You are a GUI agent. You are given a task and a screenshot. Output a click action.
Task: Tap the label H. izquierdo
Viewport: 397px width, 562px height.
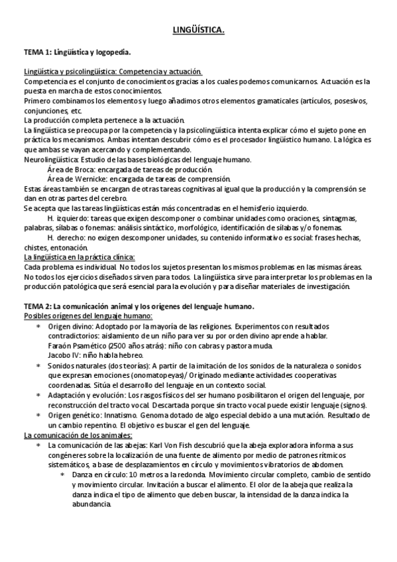click(x=70, y=218)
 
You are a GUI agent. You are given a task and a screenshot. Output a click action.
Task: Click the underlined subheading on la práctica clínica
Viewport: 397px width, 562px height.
click(x=80, y=256)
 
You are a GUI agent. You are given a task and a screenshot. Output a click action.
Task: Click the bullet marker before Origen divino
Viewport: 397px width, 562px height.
click(x=38, y=327)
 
